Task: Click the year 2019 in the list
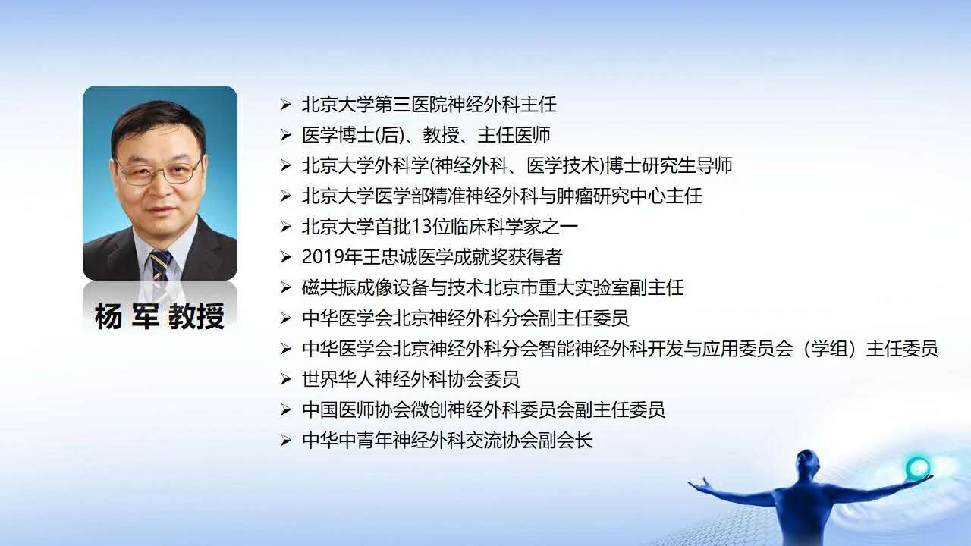click(319, 257)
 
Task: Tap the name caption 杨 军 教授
click(159, 316)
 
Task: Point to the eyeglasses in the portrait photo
click(159, 171)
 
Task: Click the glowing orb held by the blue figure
click(917, 468)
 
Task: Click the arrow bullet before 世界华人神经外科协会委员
click(285, 380)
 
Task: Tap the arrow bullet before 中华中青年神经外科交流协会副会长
click(285, 441)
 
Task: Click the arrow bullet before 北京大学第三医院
click(285, 105)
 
